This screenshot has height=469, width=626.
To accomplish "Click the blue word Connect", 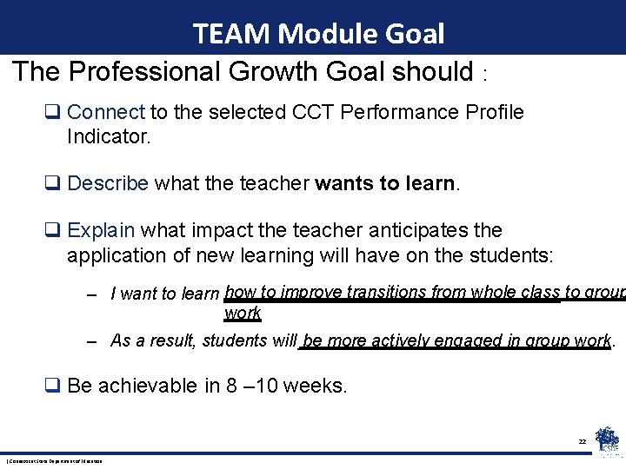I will click(105, 112).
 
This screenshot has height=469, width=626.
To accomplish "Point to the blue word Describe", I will click(109, 183).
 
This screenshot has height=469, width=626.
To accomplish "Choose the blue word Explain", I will click(101, 230).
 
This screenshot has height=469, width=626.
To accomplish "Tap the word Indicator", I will click(108, 136).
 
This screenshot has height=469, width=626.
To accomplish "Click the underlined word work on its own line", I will click(243, 313).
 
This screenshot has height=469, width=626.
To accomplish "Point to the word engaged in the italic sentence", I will click(463, 340).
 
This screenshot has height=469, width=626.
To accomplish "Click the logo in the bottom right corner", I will click(607, 439).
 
